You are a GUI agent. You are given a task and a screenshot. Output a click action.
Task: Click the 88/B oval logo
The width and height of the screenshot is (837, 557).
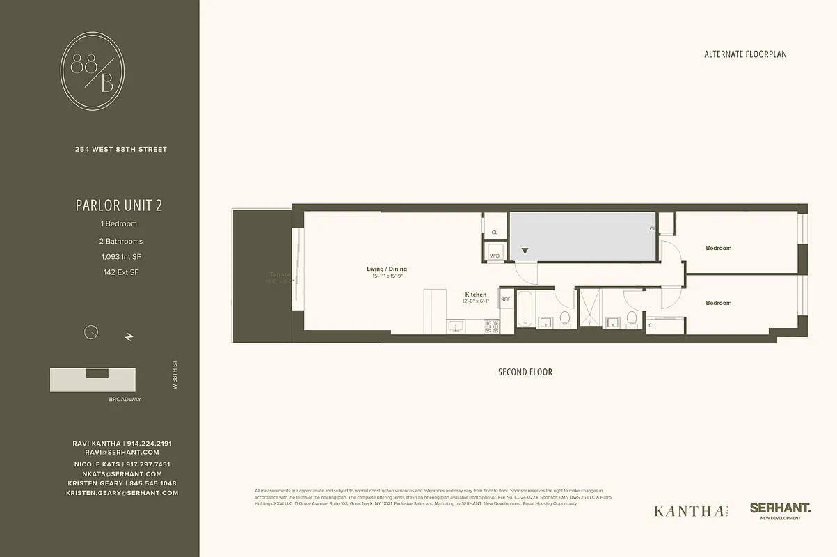pyautogui.click(x=93, y=74)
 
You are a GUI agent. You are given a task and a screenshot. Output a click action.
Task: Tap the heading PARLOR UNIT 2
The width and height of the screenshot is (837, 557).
pyautogui.click(x=119, y=205)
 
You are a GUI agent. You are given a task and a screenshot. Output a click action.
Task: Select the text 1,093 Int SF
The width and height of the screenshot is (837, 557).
pyautogui.click(x=119, y=257)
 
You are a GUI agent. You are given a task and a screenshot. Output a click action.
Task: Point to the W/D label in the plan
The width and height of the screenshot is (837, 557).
pyautogui.click(x=495, y=256)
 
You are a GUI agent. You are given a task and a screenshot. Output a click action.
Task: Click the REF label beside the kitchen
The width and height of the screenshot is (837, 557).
pyautogui.click(x=506, y=299)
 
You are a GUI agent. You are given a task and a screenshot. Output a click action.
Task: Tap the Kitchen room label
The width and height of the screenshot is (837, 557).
pyautogui.click(x=476, y=295)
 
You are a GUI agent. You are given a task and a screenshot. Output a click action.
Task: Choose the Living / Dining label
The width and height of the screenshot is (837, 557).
pyautogui.click(x=387, y=269)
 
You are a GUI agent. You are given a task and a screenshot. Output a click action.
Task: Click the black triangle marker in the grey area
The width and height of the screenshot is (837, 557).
pyautogui.click(x=525, y=251)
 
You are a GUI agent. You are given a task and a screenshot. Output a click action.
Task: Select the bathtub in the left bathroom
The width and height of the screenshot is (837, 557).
pyautogui.click(x=525, y=311)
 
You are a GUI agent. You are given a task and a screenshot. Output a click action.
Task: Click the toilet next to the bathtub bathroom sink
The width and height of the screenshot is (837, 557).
pyautogui.click(x=565, y=319)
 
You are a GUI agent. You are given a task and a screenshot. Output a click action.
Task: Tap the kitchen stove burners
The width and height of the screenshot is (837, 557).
pyautogui.click(x=491, y=325)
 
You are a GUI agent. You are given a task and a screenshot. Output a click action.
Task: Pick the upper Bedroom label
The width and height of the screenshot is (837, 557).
pyautogui.click(x=719, y=248)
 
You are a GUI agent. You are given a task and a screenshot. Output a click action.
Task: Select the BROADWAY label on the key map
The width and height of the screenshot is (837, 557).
pyautogui.click(x=125, y=399)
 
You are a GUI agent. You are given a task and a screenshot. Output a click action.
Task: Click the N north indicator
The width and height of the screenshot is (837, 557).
pyautogui.click(x=129, y=336)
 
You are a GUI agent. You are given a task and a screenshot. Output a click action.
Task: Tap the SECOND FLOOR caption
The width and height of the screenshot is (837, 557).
pyautogui.click(x=525, y=372)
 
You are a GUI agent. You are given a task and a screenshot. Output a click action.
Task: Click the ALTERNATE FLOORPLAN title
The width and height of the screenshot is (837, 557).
pyautogui.click(x=745, y=54)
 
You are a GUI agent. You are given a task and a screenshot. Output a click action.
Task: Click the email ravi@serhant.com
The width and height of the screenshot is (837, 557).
pyautogui.click(x=122, y=453)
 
